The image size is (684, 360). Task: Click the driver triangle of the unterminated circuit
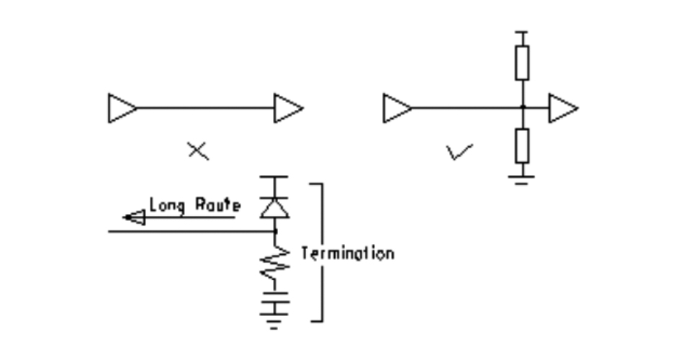click(x=121, y=108)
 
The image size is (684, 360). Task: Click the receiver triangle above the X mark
click(x=288, y=108)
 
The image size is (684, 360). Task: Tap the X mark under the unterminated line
click(x=197, y=151)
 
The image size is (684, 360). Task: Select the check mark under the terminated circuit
click(x=459, y=151)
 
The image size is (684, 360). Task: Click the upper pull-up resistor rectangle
click(x=523, y=62)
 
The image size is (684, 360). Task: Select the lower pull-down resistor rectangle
click(x=523, y=145)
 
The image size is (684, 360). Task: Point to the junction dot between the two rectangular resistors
click(x=523, y=107)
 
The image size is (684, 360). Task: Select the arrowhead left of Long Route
click(x=133, y=217)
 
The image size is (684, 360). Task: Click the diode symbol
click(x=274, y=206)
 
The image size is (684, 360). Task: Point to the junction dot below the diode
click(x=274, y=232)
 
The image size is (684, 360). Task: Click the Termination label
click(x=347, y=253)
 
